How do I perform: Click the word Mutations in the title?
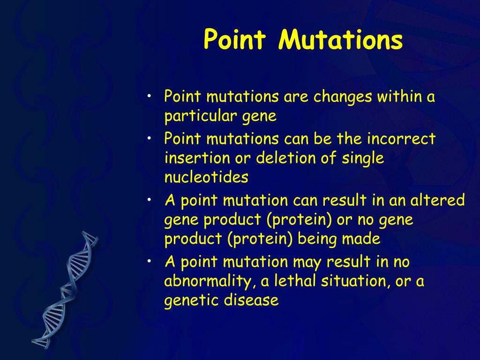340,40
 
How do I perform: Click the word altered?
437,201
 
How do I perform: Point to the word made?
360,239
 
